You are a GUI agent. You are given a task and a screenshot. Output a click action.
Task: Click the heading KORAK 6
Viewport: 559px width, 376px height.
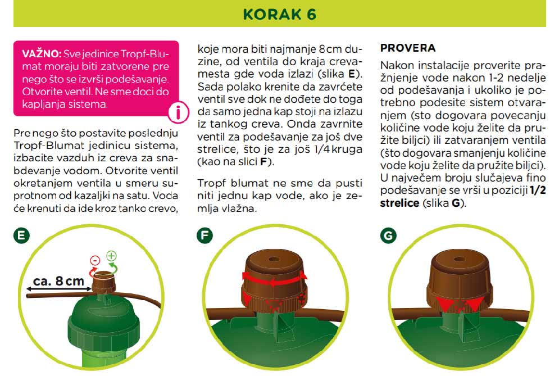click(279, 14)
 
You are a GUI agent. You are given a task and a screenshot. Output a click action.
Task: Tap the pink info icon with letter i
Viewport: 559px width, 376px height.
click(179, 112)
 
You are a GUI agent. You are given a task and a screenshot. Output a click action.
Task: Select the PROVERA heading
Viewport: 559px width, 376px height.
click(408, 48)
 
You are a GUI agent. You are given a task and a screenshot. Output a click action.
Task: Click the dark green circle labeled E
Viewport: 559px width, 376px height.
click(21, 236)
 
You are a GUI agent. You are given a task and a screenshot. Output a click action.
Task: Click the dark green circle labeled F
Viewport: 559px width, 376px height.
click(204, 236)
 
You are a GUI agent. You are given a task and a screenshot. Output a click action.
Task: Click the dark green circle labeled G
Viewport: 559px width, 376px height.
click(388, 236)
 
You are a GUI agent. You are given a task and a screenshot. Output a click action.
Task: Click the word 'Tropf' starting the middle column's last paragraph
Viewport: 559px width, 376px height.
click(211, 183)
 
